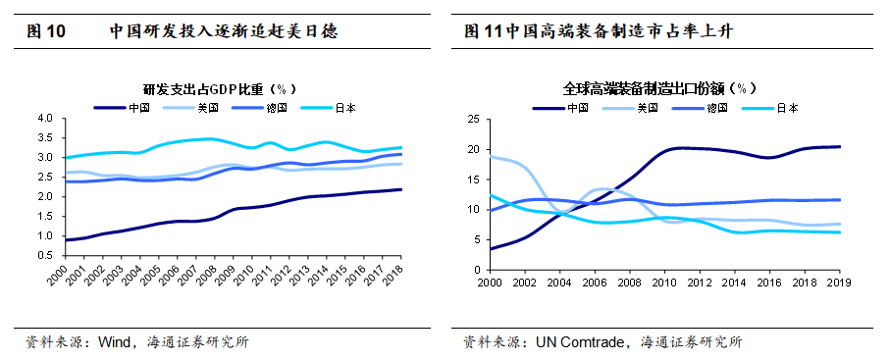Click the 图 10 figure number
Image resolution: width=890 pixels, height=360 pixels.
(x=46, y=31)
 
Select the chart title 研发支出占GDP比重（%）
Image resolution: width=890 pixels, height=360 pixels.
(x=219, y=89)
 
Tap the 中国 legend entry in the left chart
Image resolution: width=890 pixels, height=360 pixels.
(x=122, y=107)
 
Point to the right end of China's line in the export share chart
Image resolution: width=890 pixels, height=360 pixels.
(x=841, y=146)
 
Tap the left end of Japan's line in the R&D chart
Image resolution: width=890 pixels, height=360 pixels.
(x=67, y=157)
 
